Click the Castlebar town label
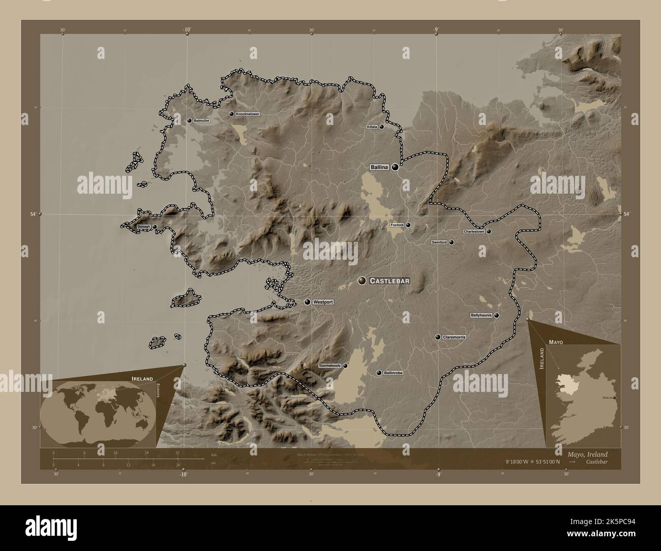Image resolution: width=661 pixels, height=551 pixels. [x=389, y=281]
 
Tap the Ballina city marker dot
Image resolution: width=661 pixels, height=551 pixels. [x=395, y=167]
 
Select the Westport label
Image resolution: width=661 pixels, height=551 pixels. [x=323, y=302]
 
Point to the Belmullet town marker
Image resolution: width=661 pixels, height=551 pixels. [x=189, y=121]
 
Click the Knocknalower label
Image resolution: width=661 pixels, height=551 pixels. [x=248, y=114]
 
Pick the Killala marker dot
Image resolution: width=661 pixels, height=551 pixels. [x=381, y=127]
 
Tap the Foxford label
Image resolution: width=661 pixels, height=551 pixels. [x=397, y=225]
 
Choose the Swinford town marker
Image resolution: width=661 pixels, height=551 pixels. [x=451, y=242]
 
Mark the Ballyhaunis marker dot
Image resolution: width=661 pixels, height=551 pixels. [x=496, y=315]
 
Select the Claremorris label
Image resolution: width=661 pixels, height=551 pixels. [x=454, y=337]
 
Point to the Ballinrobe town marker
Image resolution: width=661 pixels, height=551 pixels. [x=378, y=373]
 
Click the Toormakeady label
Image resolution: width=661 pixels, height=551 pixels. [x=329, y=366]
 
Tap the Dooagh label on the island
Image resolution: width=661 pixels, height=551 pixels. [x=144, y=226]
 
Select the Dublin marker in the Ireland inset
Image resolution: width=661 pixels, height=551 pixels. [x=614, y=397]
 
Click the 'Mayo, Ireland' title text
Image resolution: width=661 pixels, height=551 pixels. [x=588, y=454]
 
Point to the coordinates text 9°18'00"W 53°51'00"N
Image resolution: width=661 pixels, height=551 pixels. [x=532, y=462]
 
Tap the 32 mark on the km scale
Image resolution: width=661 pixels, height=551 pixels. [x=177, y=452]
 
